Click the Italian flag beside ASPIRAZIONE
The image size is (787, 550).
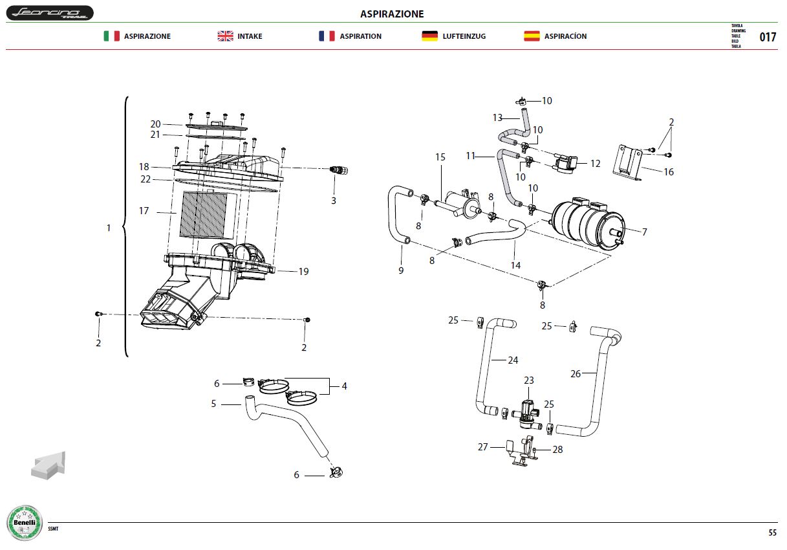click(111, 36)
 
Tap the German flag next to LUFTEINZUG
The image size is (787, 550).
click(429, 36)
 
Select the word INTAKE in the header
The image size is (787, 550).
click(250, 36)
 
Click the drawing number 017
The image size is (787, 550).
click(768, 37)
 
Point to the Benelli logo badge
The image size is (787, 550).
click(25, 523)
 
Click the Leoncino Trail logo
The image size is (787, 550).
click(50, 13)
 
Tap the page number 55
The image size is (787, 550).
click(772, 533)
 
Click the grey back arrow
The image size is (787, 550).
click(49, 465)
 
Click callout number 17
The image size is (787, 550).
click(144, 211)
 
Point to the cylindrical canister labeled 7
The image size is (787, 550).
click(587, 224)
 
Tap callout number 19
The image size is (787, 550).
click(303, 272)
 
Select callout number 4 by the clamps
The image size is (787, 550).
click(344, 386)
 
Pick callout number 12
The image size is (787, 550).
click(595, 164)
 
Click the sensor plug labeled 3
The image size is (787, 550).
click(339, 170)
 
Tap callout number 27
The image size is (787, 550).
click(482, 447)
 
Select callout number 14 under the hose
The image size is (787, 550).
click(515, 265)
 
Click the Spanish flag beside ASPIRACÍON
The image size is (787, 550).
click(532, 36)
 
